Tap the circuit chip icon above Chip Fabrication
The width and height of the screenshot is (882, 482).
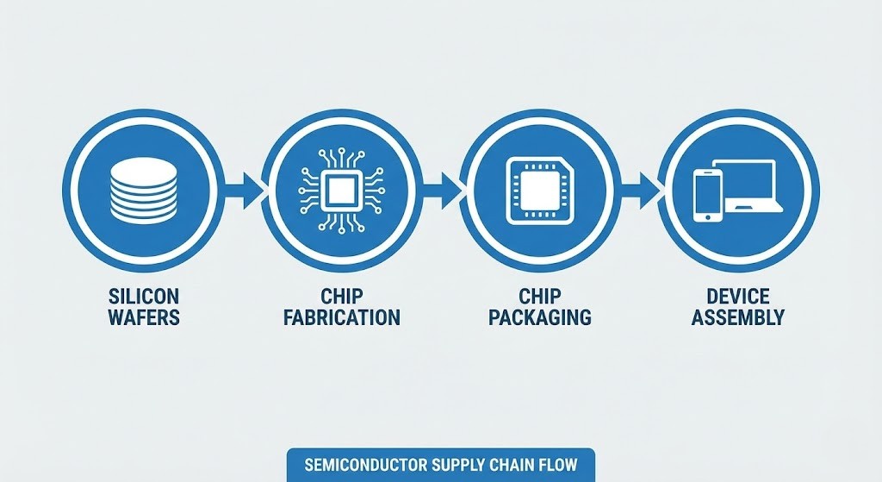tap(341, 190)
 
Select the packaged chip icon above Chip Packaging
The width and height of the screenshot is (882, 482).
tap(539, 191)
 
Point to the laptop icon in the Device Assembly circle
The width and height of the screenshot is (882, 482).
tap(748, 186)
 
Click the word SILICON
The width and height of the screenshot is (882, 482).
tap(144, 296)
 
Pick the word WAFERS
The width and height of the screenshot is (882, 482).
tap(144, 317)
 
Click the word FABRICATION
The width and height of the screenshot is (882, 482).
tap(342, 317)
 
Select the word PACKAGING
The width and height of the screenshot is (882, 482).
tap(540, 317)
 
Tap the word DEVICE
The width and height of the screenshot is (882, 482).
tap(737, 296)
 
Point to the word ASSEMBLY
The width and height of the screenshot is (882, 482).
tap(737, 317)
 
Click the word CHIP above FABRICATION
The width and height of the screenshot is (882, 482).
tap(342, 296)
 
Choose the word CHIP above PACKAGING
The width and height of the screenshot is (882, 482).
tap(540, 296)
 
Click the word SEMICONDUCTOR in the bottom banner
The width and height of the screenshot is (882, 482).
tap(367, 465)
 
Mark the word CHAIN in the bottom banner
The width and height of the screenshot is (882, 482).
tap(511, 465)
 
